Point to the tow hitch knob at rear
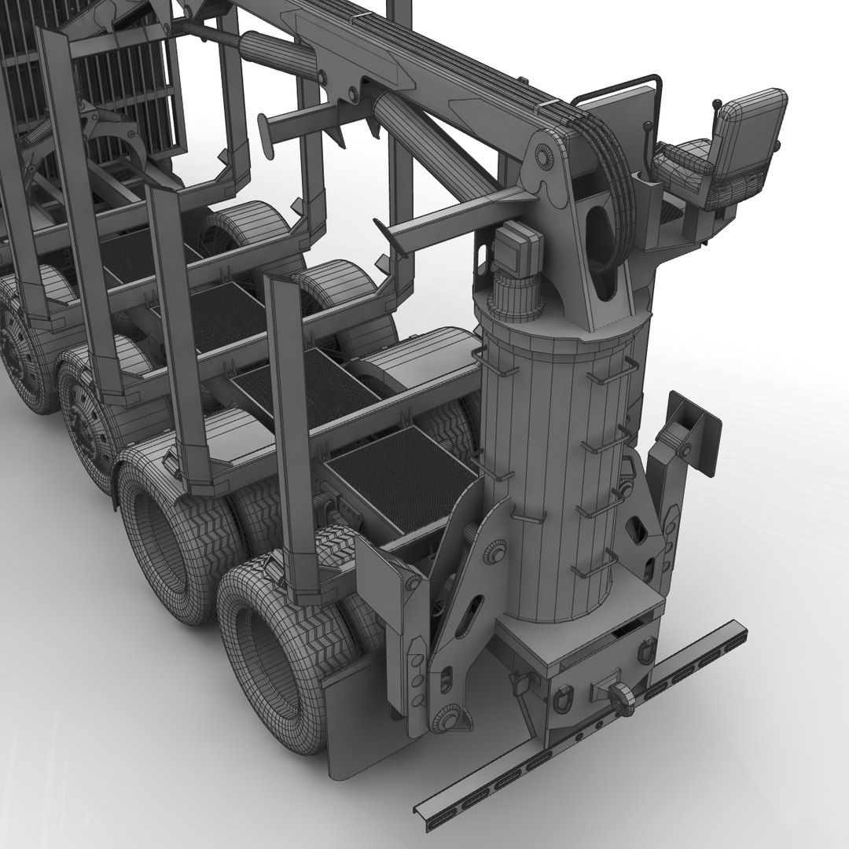coord(620,696)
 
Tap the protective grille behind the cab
coord(118,79)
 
